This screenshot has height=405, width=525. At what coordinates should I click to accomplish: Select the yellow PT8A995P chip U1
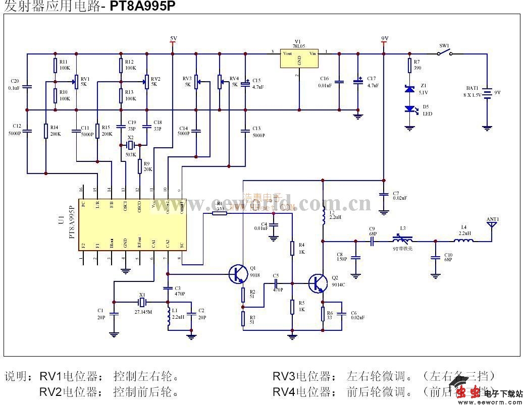(x=132, y=225)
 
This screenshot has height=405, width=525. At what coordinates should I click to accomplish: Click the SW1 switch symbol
(x=445, y=52)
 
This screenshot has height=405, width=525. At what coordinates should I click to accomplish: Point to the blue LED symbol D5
(x=410, y=108)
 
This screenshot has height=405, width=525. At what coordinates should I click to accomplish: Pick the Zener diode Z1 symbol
(x=410, y=89)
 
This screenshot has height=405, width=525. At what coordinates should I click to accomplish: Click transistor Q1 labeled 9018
(x=238, y=274)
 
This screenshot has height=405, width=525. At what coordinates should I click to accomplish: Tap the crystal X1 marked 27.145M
(x=142, y=302)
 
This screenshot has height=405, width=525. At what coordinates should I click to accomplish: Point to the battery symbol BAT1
(x=487, y=93)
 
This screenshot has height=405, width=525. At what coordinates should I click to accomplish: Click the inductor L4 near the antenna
(x=463, y=241)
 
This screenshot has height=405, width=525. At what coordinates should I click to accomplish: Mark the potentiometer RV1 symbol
(x=76, y=79)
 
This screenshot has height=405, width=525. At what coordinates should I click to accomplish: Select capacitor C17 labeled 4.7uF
(x=358, y=81)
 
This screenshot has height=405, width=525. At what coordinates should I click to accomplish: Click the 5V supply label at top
(x=173, y=38)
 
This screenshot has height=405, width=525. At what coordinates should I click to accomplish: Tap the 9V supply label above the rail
(x=385, y=38)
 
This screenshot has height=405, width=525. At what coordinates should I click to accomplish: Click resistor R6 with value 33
(x=323, y=314)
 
